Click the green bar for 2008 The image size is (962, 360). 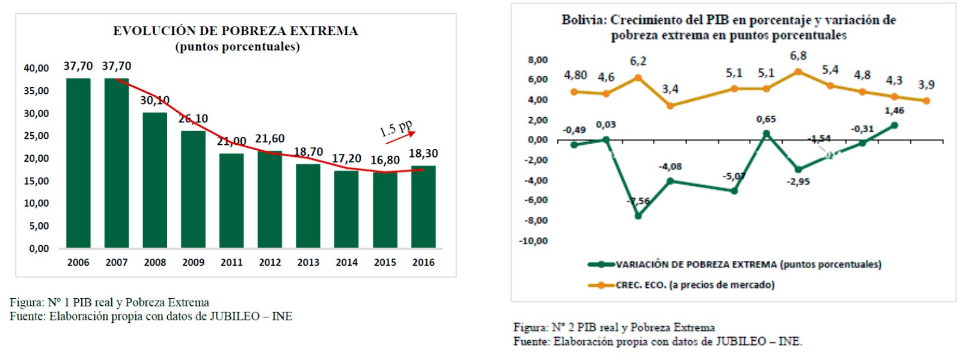coord(155,180)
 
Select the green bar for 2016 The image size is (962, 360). coord(423,207)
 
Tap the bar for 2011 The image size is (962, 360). coord(231,201)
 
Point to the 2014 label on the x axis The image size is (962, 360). coord(347,263)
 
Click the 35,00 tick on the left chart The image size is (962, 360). coord(36,91)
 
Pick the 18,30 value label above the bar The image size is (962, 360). coord(423,154)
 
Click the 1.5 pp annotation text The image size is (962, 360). coord(396,128)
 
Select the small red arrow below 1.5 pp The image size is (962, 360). coord(400,138)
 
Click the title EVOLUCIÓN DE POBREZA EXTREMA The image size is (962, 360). coord(235,31)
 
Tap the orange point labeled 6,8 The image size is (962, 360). coord(798,72)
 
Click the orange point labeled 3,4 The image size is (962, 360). coord(670,106)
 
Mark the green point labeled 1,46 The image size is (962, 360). coord(895,125)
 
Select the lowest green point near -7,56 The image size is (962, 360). coord(638,216)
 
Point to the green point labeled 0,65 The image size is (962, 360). coord(767,133)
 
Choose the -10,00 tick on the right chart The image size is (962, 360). coord(534,241)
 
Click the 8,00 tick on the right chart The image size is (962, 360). coord(538,60)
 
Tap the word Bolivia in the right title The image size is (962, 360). coord(583,20)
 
